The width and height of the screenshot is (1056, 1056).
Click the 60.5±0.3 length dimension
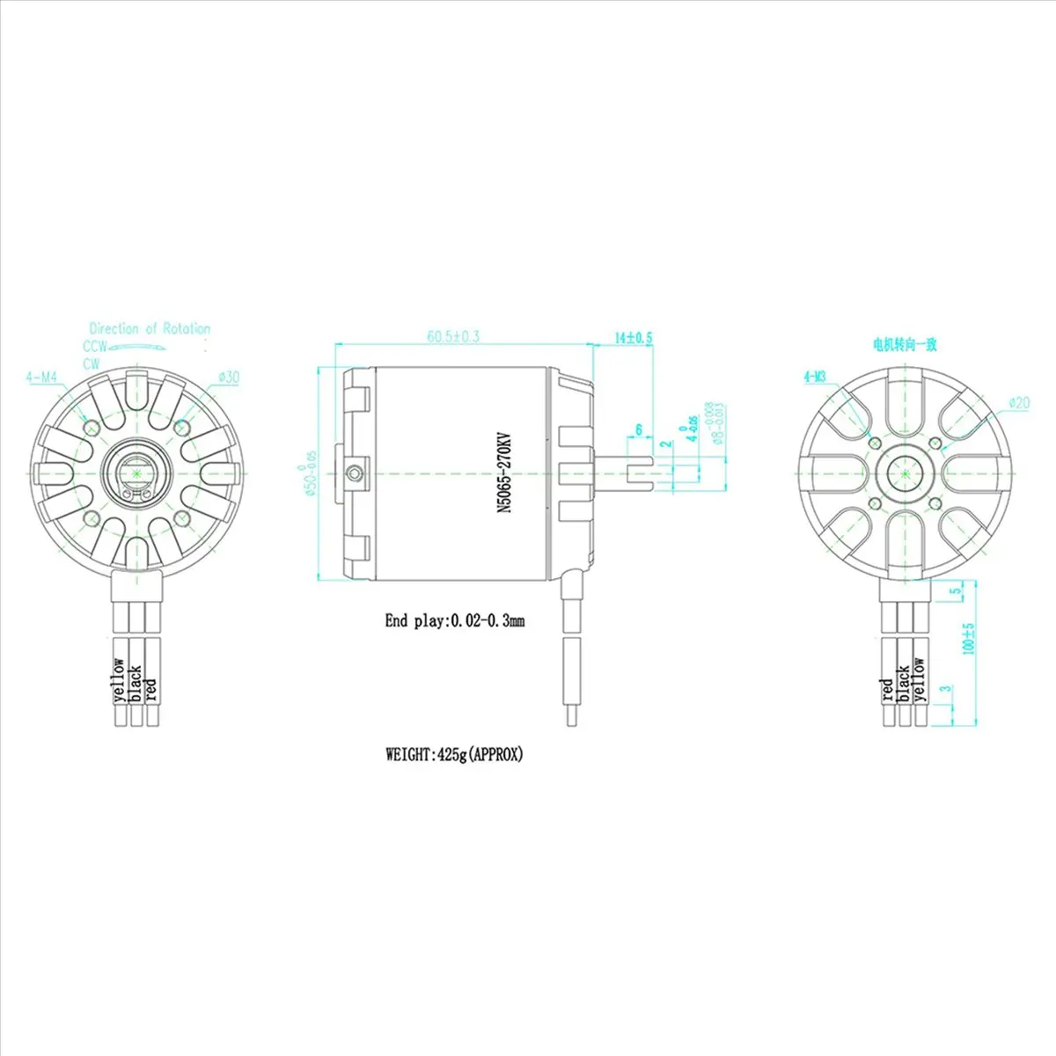click(x=452, y=336)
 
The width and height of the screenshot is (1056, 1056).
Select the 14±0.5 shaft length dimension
click(x=634, y=337)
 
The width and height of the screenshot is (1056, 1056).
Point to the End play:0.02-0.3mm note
click(x=454, y=620)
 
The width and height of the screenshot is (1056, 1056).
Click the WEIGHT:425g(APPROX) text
click(x=454, y=754)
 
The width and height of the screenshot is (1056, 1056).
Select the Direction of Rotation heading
click(x=150, y=328)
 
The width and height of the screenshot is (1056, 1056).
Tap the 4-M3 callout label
click(x=814, y=378)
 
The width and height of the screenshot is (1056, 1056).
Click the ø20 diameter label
click(x=1018, y=402)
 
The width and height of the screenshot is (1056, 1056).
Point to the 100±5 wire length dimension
click(x=969, y=639)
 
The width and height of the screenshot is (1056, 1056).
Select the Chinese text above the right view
click(x=904, y=344)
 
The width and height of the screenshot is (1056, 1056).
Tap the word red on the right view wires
click(x=888, y=689)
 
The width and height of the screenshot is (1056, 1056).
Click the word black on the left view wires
click(x=136, y=683)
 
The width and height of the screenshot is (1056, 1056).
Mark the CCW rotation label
click(x=95, y=347)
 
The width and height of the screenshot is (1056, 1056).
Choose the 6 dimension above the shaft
click(x=639, y=429)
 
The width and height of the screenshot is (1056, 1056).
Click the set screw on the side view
click(x=354, y=473)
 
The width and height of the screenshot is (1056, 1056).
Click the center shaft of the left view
click(x=137, y=473)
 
